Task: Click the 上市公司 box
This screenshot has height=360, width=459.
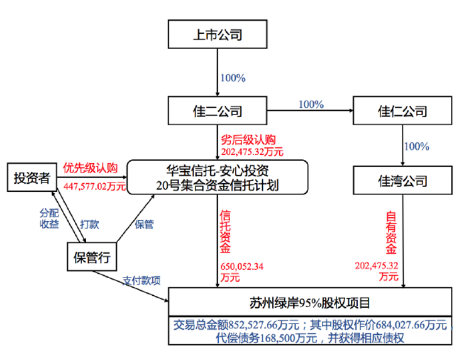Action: click(x=217, y=35)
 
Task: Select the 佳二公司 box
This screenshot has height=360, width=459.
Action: click(x=217, y=111)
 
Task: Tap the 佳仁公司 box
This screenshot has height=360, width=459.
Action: click(x=402, y=111)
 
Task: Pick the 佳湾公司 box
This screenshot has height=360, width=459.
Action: click(x=402, y=181)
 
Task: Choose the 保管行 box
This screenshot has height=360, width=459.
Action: click(x=92, y=256)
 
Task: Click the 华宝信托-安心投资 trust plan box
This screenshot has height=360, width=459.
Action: click(x=218, y=177)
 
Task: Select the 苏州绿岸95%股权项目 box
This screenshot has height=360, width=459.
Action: click(x=310, y=302)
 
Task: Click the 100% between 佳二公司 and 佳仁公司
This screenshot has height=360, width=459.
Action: click(x=311, y=104)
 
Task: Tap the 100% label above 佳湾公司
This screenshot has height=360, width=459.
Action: click(x=416, y=147)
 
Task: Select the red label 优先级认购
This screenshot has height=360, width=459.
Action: click(x=91, y=167)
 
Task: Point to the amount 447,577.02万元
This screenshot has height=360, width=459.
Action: click(x=94, y=186)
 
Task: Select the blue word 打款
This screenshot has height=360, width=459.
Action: click(x=89, y=224)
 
